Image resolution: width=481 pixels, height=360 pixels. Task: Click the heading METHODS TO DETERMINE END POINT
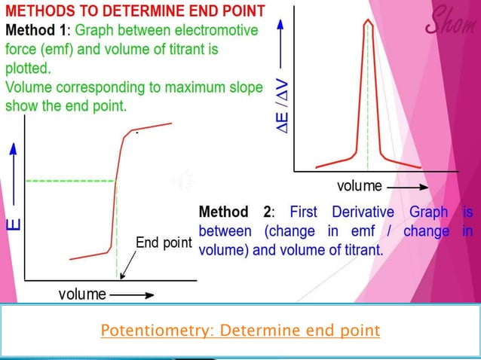(x=135, y=11)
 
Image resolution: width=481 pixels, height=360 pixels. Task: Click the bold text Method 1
(x=38, y=31)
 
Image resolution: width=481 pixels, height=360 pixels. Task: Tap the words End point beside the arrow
(x=164, y=243)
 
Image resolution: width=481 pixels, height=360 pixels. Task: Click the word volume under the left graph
(x=82, y=294)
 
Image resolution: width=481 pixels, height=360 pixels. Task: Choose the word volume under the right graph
(x=360, y=185)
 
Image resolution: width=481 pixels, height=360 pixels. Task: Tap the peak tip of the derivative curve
(x=367, y=20)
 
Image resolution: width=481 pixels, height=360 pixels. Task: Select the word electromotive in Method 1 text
(x=212, y=31)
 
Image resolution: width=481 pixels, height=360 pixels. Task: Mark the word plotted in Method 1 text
(x=27, y=69)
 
